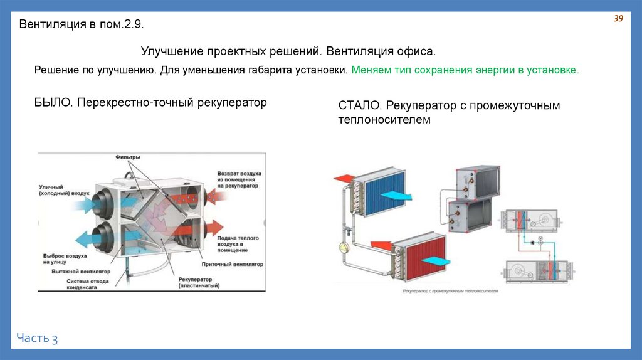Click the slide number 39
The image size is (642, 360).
coord(618,19)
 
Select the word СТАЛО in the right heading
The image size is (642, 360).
coord(359,105)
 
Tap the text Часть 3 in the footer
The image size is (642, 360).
coord(38,339)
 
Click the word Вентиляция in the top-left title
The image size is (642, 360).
coord(52,25)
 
